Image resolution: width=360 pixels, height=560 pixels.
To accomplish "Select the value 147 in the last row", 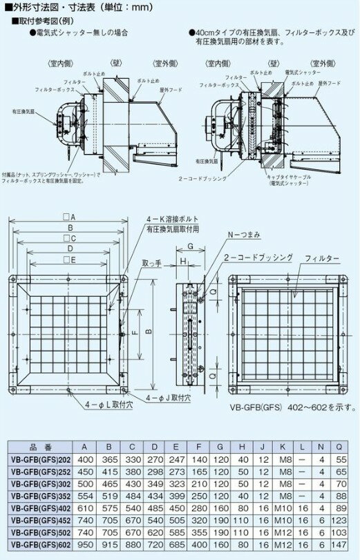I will pos(341,544).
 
